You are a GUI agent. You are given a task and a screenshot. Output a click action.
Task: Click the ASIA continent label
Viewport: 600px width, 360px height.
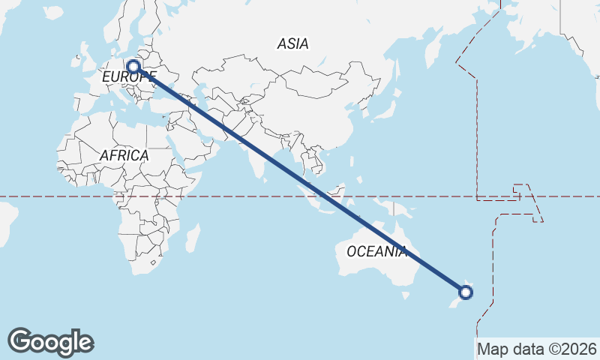tap(292, 43)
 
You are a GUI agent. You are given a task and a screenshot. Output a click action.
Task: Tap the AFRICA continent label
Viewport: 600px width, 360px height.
tap(124, 155)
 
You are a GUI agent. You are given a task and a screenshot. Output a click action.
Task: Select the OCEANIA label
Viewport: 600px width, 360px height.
tap(376, 251)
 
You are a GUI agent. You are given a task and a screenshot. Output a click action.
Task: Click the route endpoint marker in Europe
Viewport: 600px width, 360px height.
tap(133, 66)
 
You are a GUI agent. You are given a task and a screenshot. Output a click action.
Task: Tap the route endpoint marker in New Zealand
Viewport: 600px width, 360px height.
tap(466, 292)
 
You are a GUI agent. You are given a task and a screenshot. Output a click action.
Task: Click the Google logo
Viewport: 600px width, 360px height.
tap(51, 341)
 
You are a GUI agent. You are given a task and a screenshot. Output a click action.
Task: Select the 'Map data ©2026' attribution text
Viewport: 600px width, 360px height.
tap(537, 349)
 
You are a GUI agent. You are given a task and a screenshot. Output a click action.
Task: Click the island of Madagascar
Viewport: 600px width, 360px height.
tap(193, 238)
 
